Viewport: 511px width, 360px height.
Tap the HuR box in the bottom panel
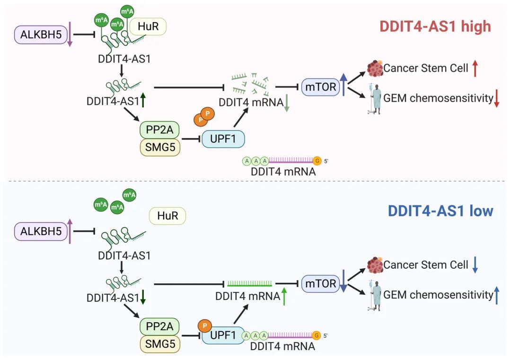[167, 216]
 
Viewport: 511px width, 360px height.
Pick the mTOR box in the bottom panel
[319, 283]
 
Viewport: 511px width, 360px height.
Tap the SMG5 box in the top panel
[159, 148]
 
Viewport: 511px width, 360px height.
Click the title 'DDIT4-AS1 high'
[435, 26]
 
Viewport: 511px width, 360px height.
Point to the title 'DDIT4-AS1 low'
[441, 211]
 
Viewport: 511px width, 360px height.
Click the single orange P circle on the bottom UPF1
[205, 325]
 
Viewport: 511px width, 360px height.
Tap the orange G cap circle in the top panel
[317, 161]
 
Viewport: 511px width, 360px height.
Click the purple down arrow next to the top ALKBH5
[69, 35]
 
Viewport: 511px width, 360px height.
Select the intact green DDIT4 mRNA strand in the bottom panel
[249, 284]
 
